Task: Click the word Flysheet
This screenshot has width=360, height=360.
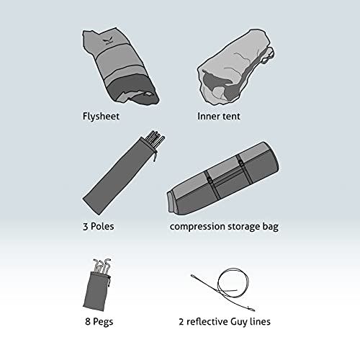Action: click(x=101, y=117)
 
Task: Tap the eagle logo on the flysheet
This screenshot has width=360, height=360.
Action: click(x=107, y=42)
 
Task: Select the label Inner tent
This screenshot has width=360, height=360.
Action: click(x=219, y=117)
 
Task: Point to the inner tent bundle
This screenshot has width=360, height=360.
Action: click(x=235, y=67)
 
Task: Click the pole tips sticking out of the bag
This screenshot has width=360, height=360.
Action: click(x=155, y=138)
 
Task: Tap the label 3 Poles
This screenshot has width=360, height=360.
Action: click(x=99, y=226)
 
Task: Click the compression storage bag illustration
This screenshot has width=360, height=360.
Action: click(x=223, y=178)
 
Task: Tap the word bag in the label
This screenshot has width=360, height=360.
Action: click(x=271, y=227)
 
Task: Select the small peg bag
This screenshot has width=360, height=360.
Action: click(x=96, y=291)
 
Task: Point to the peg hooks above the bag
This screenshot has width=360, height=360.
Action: click(x=102, y=266)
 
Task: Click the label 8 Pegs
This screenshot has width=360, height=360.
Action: click(x=99, y=322)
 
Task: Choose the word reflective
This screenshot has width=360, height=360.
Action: click(x=207, y=322)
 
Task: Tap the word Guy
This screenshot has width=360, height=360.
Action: click(x=239, y=322)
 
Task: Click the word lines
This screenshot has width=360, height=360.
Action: click(x=260, y=322)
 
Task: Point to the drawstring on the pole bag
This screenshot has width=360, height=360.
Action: click(x=156, y=156)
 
